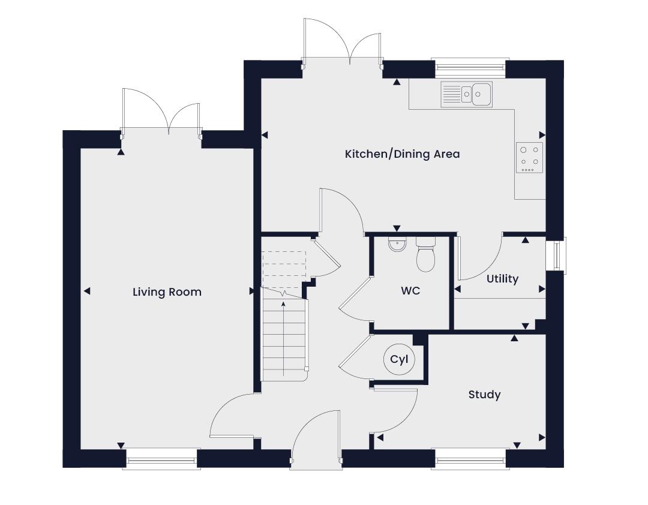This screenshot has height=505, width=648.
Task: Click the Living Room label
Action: click(167, 292)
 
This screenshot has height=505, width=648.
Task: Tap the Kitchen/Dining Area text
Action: click(402, 154)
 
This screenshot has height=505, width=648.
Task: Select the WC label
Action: click(410, 290)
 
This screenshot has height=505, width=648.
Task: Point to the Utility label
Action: click(502, 279)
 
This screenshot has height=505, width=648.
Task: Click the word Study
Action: click(484, 395)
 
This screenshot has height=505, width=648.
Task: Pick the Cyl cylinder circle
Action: click(399, 359)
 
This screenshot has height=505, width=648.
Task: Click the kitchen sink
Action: click(467, 94)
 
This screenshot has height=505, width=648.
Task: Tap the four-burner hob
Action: click(529, 158)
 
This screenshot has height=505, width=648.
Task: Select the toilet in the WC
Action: click(425, 254)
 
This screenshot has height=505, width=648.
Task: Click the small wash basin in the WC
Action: click(398, 245)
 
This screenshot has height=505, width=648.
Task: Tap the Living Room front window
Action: click(161, 459)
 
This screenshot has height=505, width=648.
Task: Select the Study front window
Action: click(470, 459)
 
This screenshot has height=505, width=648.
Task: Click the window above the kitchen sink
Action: click(470, 68)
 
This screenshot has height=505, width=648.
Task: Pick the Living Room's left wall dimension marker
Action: click(87, 291)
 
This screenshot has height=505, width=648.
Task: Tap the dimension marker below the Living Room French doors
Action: click(121, 152)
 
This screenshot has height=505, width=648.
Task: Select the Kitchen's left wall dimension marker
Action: click(265, 135)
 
